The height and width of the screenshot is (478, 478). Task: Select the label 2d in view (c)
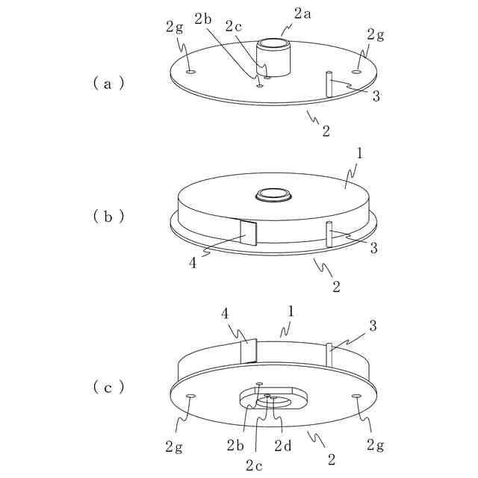283,446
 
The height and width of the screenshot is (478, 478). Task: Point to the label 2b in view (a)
202,19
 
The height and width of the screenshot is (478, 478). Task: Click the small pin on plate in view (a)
328,83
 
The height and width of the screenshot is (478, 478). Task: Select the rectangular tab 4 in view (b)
247,234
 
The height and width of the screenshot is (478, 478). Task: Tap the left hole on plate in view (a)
190,72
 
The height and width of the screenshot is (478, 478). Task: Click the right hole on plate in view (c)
356,394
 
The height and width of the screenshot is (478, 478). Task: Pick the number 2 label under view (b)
336,285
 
